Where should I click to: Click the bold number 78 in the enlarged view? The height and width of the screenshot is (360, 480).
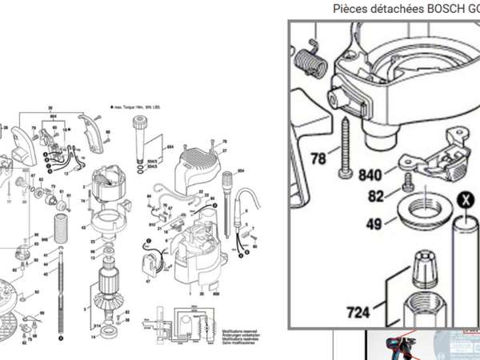(318, 159)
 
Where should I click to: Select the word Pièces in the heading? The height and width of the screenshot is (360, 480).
(352, 9)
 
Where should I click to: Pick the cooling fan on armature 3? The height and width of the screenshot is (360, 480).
(107, 309)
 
